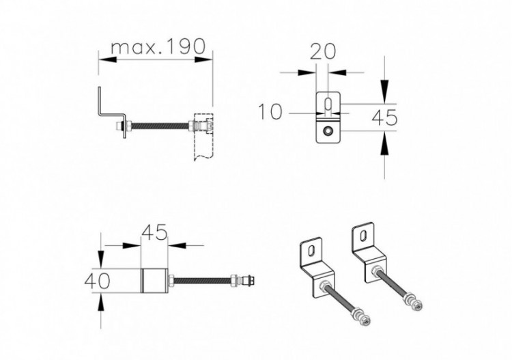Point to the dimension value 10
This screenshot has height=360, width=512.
tap(271, 111)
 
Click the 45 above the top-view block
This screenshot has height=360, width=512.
tap(154, 233)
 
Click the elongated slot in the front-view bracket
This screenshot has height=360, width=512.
tap(329, 105)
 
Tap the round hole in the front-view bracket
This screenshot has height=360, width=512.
tap(329, 130)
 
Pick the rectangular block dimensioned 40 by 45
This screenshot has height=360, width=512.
tap(154, 281)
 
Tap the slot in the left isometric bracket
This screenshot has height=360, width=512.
tap(311, 250)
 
